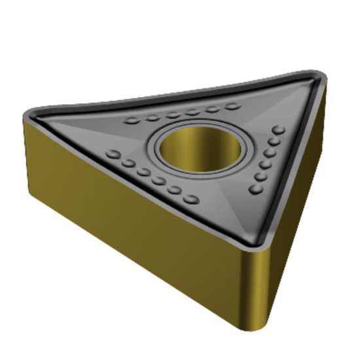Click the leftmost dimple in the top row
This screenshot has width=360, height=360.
132,121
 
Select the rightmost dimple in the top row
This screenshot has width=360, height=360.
232,105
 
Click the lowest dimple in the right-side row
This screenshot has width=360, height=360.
255,189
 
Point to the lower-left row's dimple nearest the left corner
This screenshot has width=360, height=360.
113,155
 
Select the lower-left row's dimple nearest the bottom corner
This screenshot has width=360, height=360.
192,198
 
